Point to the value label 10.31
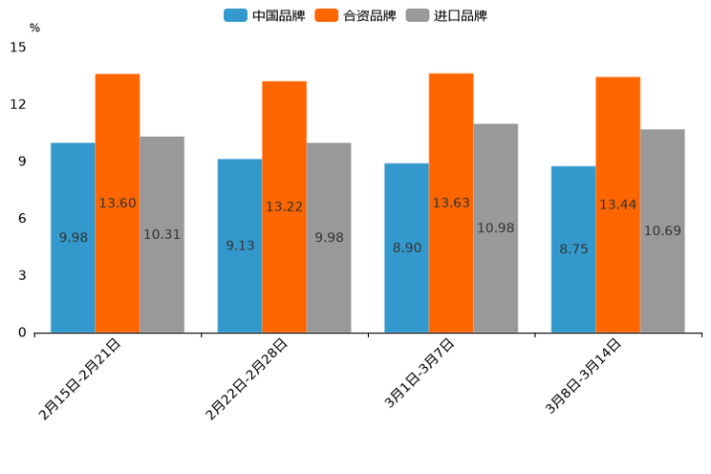coord(162,234)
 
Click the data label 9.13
coord(240,246)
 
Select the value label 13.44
coord(618,205)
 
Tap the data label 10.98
coord(495,228)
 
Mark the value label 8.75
coord(573,249)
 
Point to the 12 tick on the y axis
coord(19,104)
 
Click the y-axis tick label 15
coord(19,47)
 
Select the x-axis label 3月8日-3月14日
coord(583,376)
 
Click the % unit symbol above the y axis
coord(34,28)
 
